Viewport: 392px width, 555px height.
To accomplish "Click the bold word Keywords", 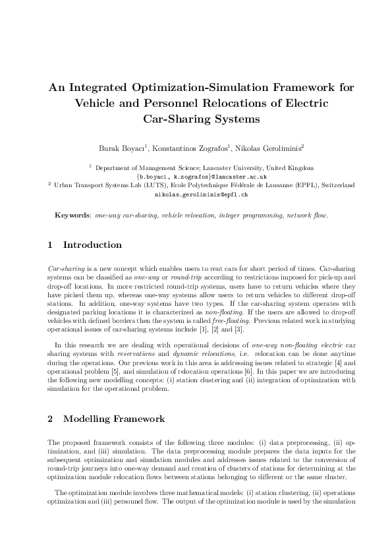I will pyautogui.click(x=72, y=215).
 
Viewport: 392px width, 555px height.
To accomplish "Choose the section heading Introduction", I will pyautogui.click(x=92, y=245).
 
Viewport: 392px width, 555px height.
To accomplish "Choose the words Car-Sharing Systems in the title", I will pyautogui.click(x=196, y=119).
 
